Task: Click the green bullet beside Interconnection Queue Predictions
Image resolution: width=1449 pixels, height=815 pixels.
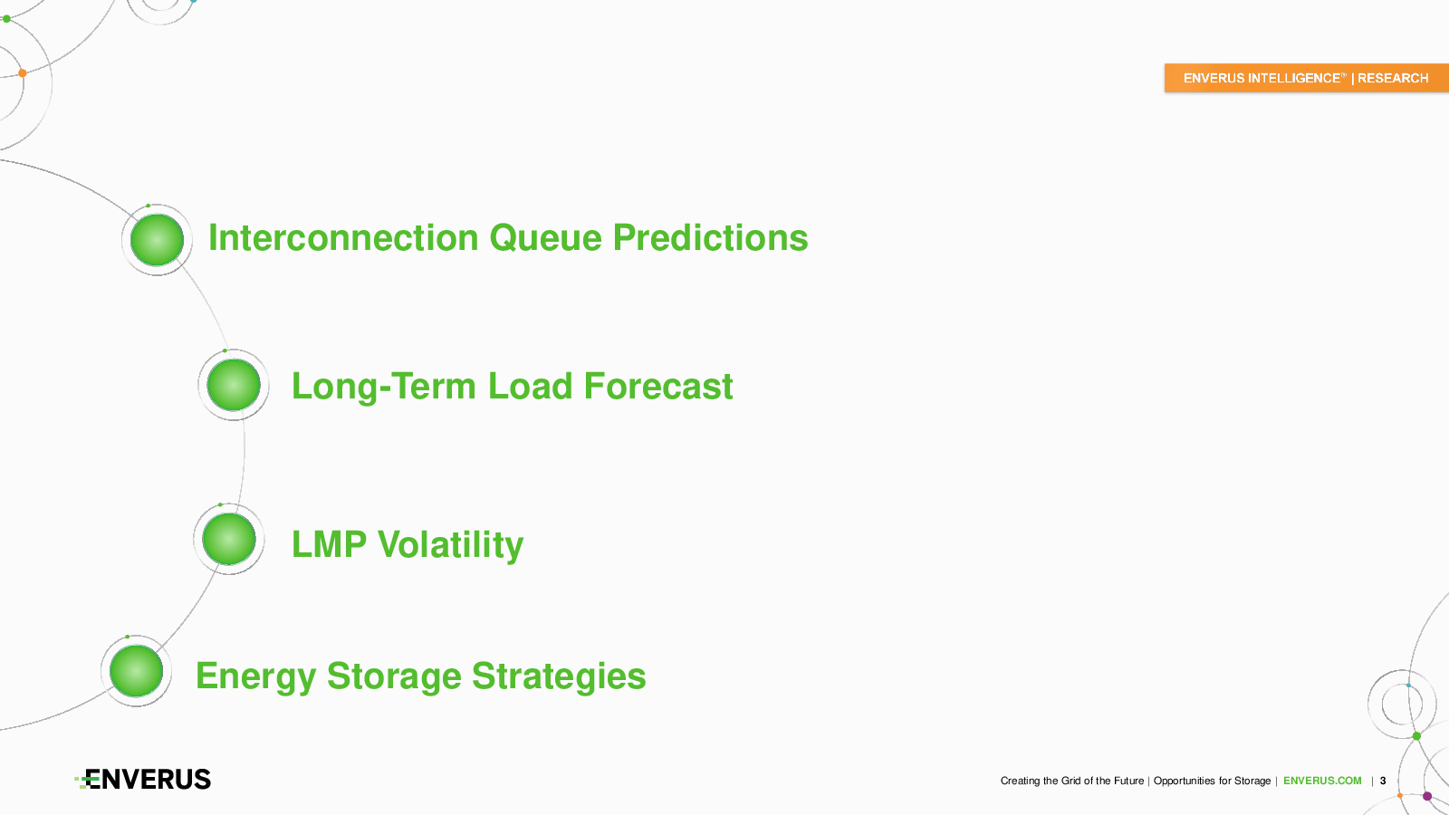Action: [x=158, y=240]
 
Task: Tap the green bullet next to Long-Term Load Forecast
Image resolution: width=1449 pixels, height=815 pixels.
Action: [x=234, y=385]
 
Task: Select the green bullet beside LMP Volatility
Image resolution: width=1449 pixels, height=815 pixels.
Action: [x=229, y=539]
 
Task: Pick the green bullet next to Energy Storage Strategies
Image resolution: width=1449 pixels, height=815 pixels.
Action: [x=137, y=671]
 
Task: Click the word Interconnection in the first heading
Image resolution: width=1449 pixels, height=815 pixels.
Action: [x=343, y=237]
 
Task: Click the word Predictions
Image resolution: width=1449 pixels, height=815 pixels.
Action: [x=710, y=237]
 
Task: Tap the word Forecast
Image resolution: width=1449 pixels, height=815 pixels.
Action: [x=657, y=386]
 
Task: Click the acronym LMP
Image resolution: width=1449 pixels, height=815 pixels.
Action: [x=330, y=544]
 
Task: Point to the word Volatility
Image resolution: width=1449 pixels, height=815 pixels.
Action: [x=450, y=545]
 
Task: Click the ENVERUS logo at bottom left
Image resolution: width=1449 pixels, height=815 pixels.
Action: [x=143, y=780]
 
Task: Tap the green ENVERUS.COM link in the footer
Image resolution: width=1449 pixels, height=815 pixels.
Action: [x=1322, y=781]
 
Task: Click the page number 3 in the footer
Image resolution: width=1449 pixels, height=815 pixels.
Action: [x=1383, y=781]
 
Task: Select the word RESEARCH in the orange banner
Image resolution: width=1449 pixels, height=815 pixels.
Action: [x=1393, y=78]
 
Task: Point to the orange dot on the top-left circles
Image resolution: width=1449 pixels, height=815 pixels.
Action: [x=23, y=73]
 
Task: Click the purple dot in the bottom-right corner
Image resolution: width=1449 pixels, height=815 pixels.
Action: [x=1427, y=796]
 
